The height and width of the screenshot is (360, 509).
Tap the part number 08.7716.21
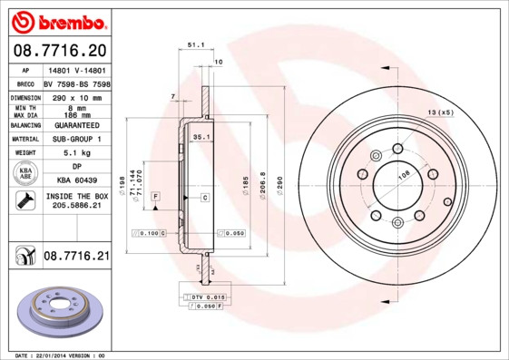tap(76, 257)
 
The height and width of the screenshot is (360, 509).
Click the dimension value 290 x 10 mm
tap(76, 97)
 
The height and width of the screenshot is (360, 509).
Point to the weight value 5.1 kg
tap(76, 153)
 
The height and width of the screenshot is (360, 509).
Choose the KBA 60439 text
tap(76, 181)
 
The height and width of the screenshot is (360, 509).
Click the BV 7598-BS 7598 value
tap(76, 83)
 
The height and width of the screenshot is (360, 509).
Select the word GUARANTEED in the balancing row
tap(76, 125)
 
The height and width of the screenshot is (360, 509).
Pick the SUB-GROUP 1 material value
tap(76, 139)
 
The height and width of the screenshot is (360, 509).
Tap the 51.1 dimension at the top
tap(194, 44)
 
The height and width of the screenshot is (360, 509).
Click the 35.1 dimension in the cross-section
tap(201, 137)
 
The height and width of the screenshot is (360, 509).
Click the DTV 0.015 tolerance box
tap(207, 297)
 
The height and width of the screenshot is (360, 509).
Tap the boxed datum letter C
tap(205, 197)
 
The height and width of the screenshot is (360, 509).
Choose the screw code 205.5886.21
tap(76, 207)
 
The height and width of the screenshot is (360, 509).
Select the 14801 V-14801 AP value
tap(76, 69)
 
